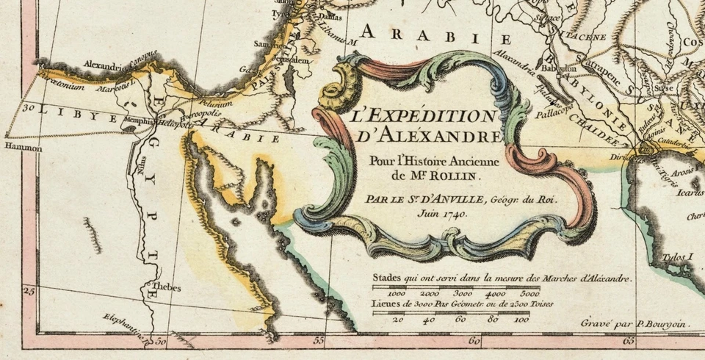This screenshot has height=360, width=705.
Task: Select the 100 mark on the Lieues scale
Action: tap(521, 320)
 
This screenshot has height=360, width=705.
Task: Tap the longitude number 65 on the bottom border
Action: tap(629, 341)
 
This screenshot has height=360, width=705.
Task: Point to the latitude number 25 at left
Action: tap(29, 292)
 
